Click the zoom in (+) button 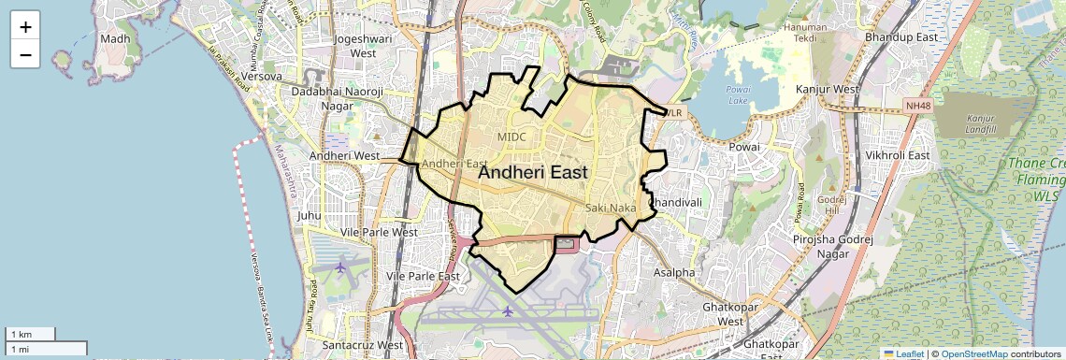coord(25,26)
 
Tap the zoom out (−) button coord(25,54)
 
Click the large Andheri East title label coord(533,172)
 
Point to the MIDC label coord(511,137)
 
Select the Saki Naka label coord(611,207)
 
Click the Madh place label coord(115,38)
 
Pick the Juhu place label coord(309,215)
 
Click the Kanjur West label coord(827,90)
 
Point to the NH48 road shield coord(919,106)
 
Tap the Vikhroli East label coord(897,155)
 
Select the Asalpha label coord(674,273)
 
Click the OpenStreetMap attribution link coord(974,353)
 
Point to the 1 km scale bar coord(31,334)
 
